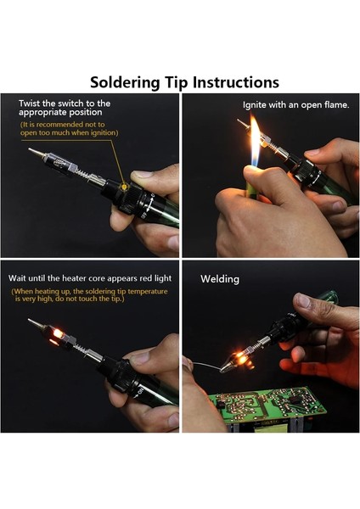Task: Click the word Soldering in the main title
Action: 125,83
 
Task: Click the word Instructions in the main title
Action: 236,82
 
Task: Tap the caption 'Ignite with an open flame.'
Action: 296,105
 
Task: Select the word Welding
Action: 220,279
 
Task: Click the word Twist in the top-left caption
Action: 30,103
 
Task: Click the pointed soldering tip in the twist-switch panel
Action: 36,152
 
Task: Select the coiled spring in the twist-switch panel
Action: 83,173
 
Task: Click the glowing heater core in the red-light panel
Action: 58,333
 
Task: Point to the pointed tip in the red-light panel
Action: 36,323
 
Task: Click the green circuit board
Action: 267,404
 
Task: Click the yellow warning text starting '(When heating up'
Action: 89,295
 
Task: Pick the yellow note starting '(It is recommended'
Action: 69,129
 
